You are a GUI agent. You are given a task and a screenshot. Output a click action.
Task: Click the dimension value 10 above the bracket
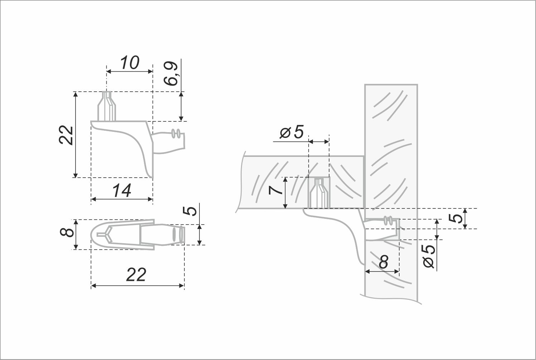point(129,63)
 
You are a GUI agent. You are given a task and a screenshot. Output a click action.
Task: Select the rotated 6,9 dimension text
point(172,74)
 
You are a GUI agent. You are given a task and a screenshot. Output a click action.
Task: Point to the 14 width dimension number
point(122,191)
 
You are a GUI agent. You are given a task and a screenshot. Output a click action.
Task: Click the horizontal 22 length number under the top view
point(136,275)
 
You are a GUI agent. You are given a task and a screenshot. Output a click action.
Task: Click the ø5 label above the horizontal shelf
point(291,133)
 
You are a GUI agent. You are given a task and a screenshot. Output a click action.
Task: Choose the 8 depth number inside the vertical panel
point(383,263)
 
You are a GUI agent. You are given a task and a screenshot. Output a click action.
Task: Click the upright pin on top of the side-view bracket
point(107,107)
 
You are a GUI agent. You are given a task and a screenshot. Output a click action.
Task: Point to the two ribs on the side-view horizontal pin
point(175,134)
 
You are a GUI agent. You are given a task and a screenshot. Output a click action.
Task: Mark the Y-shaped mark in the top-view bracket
point(105,234)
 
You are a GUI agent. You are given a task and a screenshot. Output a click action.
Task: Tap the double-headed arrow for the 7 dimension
point(285,193)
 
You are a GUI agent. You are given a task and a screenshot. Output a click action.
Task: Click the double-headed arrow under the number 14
point(122,199)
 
